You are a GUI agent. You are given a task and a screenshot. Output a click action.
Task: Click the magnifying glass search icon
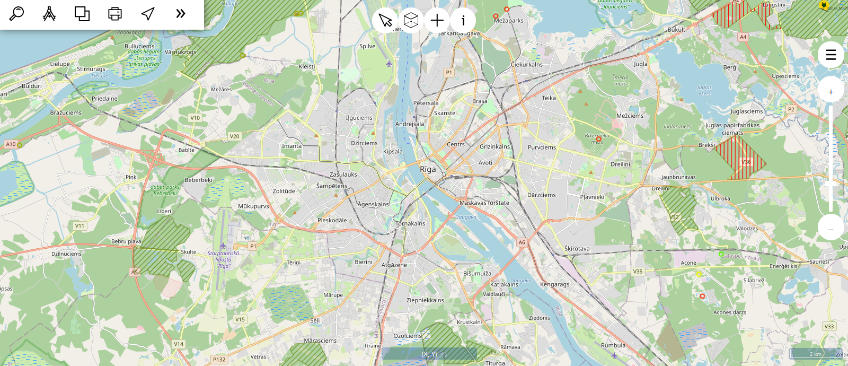17,13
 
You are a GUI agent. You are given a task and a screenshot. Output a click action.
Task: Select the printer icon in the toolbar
115,14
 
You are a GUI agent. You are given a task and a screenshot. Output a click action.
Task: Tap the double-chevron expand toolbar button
181,14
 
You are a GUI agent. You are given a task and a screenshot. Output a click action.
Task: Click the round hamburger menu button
831,55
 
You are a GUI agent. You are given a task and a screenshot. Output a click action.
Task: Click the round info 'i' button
463,21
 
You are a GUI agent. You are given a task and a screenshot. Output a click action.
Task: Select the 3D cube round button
411,21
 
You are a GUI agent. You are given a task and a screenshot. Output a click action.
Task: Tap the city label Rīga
428,169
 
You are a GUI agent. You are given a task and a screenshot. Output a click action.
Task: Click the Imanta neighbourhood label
291,146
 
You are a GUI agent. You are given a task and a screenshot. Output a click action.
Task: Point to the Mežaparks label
508,21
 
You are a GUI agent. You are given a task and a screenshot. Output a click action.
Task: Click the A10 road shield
11,144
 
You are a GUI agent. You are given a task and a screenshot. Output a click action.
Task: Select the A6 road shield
522,242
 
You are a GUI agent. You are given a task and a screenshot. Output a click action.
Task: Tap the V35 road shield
638,272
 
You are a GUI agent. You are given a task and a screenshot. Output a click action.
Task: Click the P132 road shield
219,360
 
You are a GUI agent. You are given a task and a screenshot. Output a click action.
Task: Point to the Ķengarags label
554,284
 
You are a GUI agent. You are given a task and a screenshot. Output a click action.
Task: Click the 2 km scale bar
815,354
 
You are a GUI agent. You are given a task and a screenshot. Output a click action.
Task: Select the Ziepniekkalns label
425,300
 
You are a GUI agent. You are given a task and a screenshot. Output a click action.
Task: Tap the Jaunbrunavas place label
678,177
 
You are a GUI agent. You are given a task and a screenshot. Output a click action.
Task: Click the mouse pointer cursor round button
385,21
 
